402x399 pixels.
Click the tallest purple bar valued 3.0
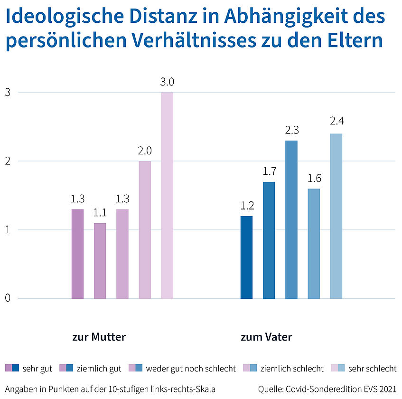pyautogui.click(x=167, y=195)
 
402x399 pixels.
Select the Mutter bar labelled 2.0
pyautogui.click(x=145, y=230)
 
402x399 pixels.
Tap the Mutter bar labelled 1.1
pyautogui.click(x=100, y=261)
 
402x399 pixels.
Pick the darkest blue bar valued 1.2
pyautogui.click(x=246, y=257)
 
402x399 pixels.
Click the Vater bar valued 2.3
pyautogui.click(x=291, y=219)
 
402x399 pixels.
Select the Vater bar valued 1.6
pyautogui.click(x=314, y=244)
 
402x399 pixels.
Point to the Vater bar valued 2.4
pyautogui.click(x=336, y=216)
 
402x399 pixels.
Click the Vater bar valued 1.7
pyautogui.click(x=269, y=240)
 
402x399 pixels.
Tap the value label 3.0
pyautogui.click(x=167, y=82)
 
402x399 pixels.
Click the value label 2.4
pyautogui.click(x=336, y=121)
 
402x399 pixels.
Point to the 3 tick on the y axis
pyautogui.click(x=8, y=93)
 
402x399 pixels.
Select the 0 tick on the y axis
pyautogui.click(x=8, y=298)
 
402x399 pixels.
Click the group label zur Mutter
pyautogui.click(x=99, y=337)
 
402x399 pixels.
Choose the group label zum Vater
pyautogui.click(x=266, y=337)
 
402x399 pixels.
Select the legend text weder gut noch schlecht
pyautogui.click(x=191, y=368)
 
